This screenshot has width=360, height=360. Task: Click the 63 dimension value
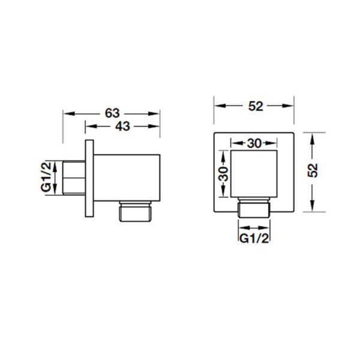(x=112, y=113)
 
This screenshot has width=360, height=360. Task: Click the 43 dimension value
(x=122, y=126)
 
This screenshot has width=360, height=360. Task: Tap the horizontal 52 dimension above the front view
(x=256, y=106)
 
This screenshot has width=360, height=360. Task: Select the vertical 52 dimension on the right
(x=313, y=170)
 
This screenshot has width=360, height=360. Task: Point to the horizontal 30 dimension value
(x=254, y=143)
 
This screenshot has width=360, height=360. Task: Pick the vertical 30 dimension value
(x=223, y=174)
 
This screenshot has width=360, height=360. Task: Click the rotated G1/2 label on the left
(x=46, y=176)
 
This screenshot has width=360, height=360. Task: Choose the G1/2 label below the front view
(x=254, y=239)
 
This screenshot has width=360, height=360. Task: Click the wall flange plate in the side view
(x=89, y=178)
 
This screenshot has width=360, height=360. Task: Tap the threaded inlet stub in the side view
(x=74, y=178)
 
